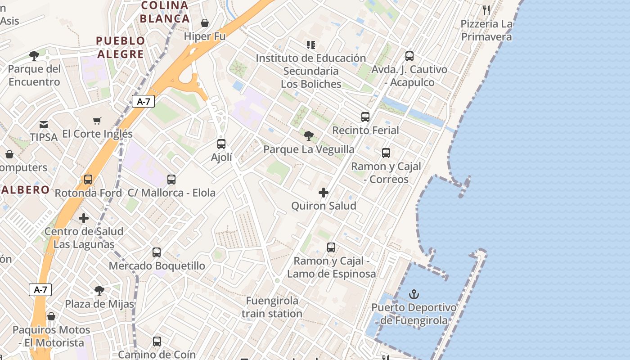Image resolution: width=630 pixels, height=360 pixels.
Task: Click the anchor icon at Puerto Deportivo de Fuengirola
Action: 414,295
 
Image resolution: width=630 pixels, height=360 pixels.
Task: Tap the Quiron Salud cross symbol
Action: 323,193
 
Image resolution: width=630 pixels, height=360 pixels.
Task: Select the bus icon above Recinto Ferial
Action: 365,117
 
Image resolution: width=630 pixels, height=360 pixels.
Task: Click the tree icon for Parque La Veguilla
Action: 308,136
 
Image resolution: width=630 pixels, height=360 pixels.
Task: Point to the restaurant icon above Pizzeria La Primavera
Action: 486,10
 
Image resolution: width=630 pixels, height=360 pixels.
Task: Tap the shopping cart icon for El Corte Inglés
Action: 97,121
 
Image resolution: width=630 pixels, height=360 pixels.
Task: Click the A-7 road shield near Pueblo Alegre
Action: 143,101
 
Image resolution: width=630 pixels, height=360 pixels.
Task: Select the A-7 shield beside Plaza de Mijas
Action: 40,290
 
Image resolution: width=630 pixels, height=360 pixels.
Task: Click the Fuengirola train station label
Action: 272,307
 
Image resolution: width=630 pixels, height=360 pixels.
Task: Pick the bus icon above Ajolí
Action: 221,144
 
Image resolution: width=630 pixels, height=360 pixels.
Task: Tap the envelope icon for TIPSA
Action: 44,124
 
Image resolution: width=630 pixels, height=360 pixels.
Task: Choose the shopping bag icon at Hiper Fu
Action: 205,23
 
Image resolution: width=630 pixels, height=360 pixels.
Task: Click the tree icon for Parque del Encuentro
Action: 34,56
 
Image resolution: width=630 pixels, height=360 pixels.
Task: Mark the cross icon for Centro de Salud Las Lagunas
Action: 84,218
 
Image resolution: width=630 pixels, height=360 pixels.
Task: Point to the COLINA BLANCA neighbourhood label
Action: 165,12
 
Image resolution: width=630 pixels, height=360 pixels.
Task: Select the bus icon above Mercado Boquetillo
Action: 157,252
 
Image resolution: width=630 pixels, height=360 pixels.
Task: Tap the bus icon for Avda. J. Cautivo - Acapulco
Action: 409,56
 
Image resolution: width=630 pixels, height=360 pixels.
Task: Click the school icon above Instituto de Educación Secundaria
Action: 310,45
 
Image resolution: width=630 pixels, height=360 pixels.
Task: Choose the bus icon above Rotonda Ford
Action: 88,180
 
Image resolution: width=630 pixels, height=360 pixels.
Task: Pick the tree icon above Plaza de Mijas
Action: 99,291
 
